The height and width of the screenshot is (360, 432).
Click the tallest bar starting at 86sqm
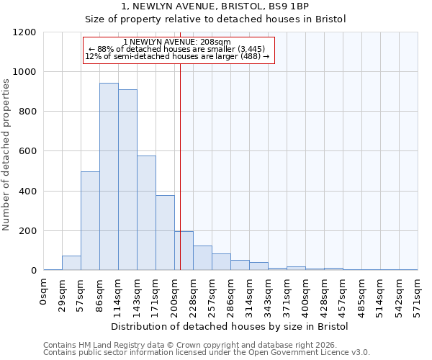pos(109,176)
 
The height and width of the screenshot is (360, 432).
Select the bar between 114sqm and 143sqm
pos(127,180)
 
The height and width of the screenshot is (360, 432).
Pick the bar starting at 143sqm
pos(146,213)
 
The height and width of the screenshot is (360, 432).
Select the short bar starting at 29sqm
pos(71,263)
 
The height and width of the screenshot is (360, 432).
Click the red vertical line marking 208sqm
pos(180,166)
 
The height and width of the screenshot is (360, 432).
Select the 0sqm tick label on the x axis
pos(44,292)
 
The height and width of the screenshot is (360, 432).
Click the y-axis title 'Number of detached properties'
pos(6,152)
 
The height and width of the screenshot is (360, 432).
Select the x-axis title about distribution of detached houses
pos(230,327)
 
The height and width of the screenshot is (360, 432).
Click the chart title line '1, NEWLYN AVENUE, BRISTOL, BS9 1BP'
pos(215,6)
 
